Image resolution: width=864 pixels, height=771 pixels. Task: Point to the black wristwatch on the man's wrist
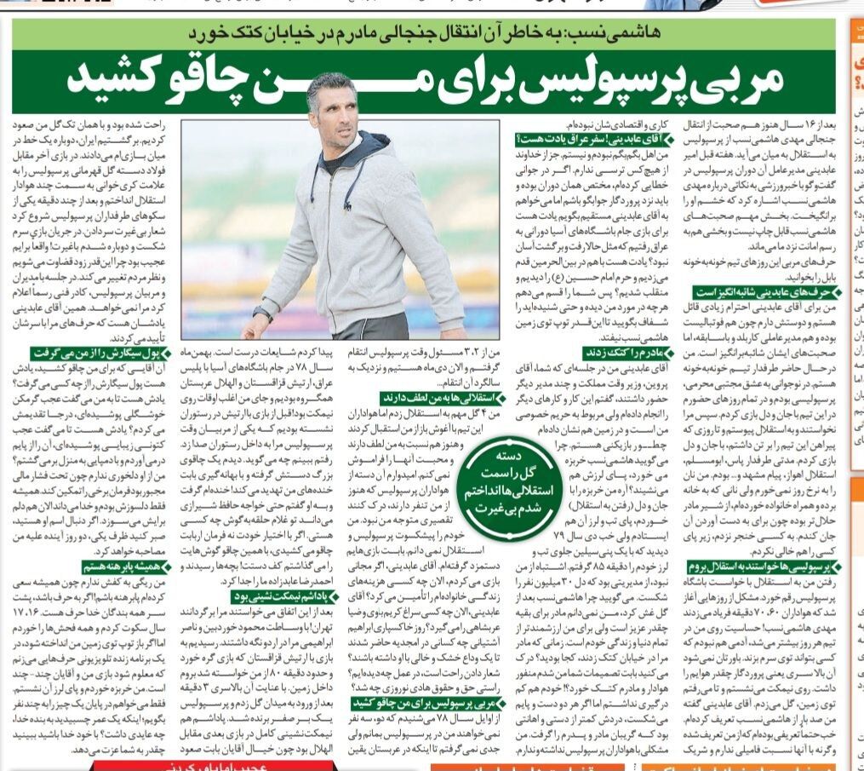tap(262, 314)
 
